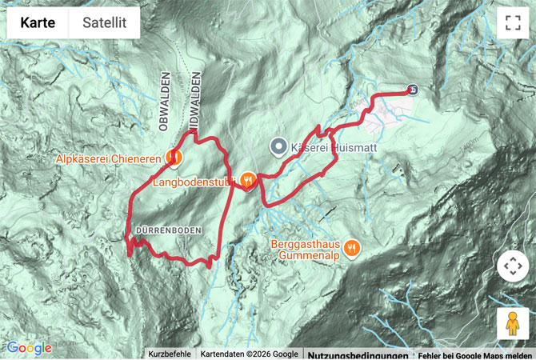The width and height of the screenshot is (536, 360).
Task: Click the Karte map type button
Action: [x=38, y=23]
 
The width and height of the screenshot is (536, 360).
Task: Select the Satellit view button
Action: [x=105, y=23]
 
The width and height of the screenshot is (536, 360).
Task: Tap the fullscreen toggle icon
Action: [x=513, y=23]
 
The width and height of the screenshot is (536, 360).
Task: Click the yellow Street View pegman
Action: [x=513, y=323]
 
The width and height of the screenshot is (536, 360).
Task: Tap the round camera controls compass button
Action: [x=513, y=266]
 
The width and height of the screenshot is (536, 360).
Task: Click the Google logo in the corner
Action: [x=30, y=348]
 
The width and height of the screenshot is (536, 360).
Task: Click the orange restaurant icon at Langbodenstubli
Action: [x=249, y=181]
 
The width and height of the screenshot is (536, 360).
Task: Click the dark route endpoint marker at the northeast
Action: [x=412, y=90]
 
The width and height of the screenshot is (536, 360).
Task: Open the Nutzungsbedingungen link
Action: [x=352, y=354]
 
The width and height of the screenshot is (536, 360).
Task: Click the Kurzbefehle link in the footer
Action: [x=170, y=354]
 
